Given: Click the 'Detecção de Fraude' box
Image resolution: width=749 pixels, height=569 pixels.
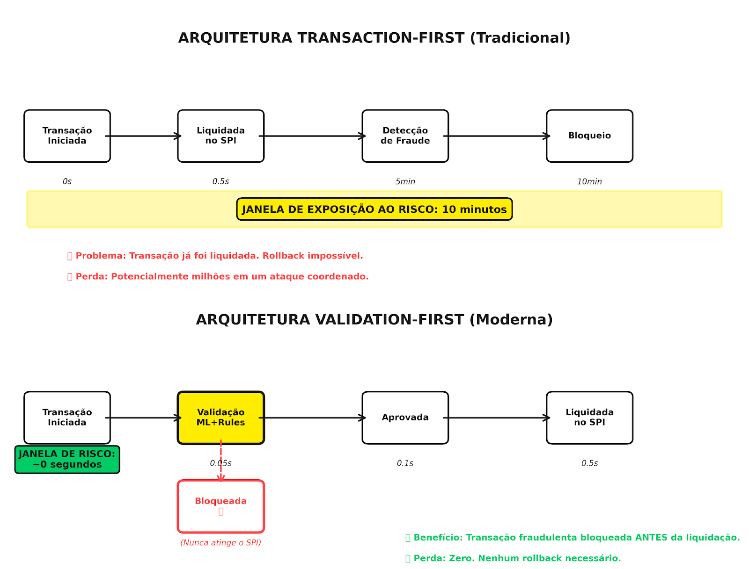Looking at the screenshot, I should click(405, 136).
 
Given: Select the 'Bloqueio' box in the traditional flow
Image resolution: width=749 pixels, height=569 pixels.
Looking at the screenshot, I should click(589, 136).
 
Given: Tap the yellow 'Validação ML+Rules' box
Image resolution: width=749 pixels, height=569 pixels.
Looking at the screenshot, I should click(220, 418).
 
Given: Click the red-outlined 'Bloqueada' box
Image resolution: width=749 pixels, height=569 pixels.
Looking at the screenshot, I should click(220, 506).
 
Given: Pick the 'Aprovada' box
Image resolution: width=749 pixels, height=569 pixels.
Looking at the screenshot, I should click(405, 418).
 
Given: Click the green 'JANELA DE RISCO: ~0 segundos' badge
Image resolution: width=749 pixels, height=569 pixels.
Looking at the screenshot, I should click(67, 459).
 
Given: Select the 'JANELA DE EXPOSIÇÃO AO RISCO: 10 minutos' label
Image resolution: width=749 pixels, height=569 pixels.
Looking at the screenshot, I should click(374, 209).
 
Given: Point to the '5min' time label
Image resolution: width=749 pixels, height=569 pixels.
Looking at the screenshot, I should click(405, 181).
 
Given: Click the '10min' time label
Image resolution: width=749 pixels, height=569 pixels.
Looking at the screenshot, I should click(589, 181).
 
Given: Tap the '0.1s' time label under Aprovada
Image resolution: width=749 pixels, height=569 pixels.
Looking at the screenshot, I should click(405, 463).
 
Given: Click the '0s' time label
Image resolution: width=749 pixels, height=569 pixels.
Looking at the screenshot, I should click(67, 181).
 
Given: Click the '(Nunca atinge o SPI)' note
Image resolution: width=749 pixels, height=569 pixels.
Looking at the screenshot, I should click(220, 542).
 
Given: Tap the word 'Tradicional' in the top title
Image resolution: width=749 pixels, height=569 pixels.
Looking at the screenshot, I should click(520, 38).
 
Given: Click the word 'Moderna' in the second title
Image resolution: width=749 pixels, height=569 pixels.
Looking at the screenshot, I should click(511, 319).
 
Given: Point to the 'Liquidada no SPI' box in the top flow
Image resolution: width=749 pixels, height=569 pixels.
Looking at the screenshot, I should click(220, 136).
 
